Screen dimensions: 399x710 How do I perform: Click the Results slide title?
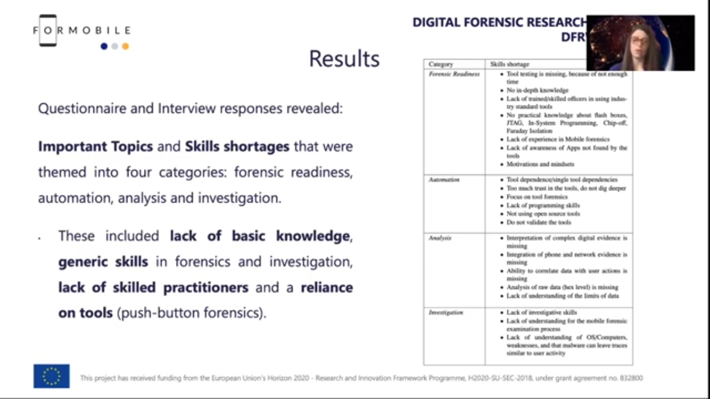click(x=344, y=59)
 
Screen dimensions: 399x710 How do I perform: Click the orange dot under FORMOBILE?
click(x=125, y=46)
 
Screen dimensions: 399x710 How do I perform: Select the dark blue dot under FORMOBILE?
click(x=104, y=46)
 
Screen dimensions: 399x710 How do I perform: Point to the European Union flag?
click(x=51, y=376)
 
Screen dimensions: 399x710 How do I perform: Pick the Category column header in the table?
click(x=441, y=64)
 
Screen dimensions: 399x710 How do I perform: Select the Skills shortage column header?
click(x=509, y=64)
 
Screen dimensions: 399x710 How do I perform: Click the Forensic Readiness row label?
click(x=454, y=74)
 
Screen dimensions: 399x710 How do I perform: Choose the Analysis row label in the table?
click(x=440, y=238)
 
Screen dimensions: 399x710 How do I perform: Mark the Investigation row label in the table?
click(x=445, y=313)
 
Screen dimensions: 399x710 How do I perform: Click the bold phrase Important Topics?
click(x=95, y=147)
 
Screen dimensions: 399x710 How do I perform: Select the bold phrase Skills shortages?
click(x=237, y=147)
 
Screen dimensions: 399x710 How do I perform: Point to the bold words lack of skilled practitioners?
click(x=153, y=287)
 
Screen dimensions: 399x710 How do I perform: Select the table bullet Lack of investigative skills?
click(x=542, y=313)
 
